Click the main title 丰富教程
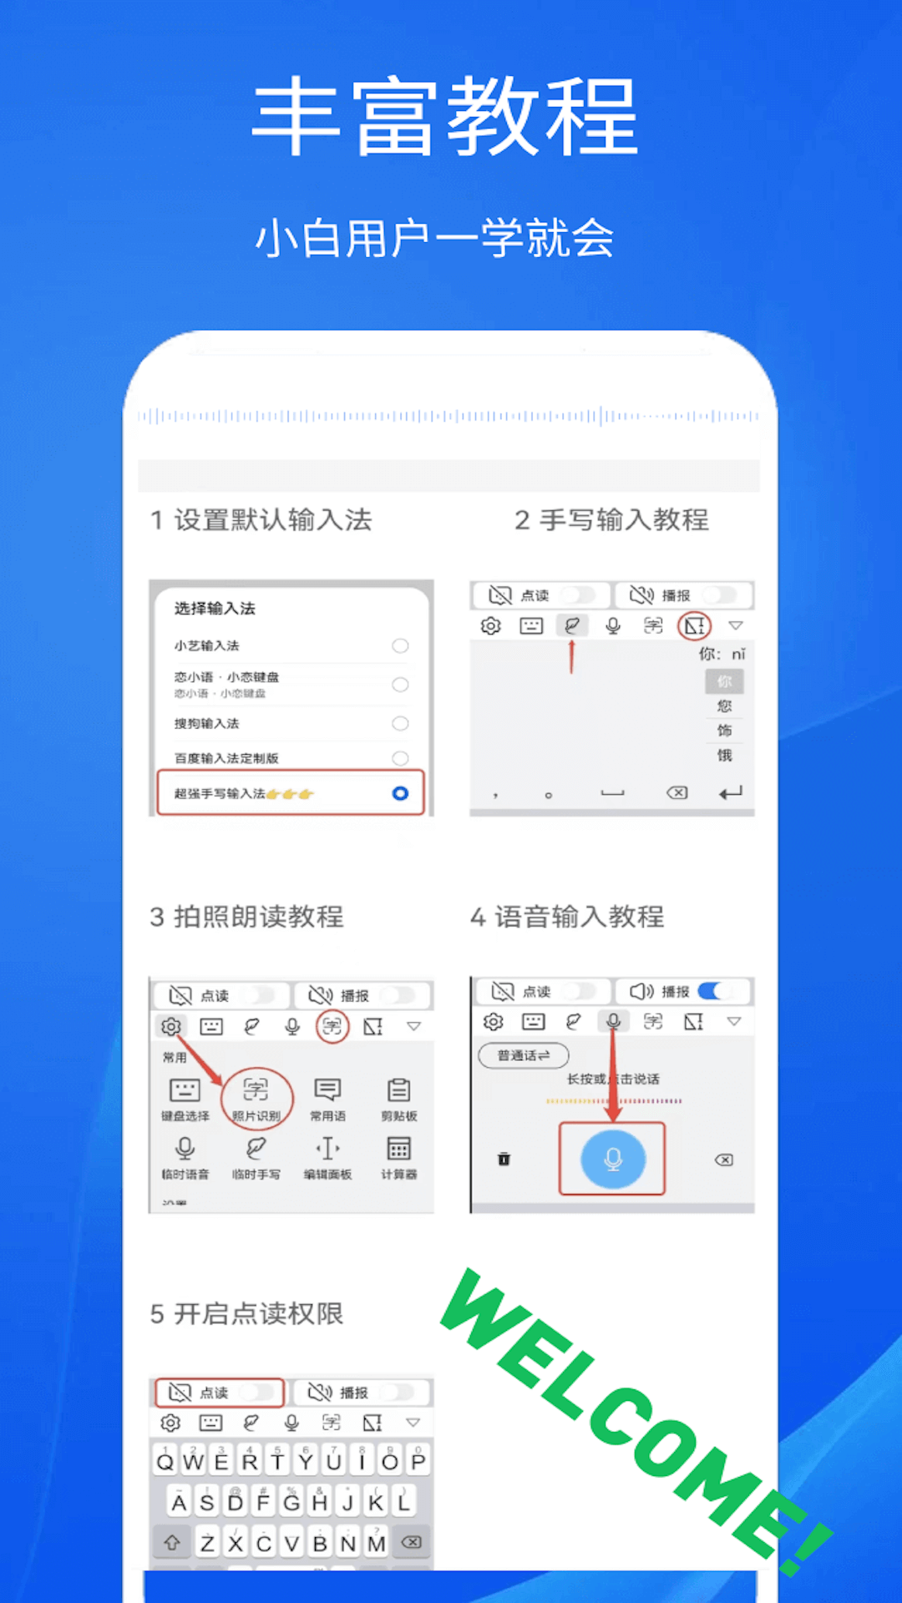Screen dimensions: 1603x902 click(445, 116)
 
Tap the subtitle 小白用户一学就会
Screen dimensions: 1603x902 click(434, 238)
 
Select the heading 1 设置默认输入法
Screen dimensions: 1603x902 click(261, 519)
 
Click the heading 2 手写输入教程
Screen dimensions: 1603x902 click(611, 519)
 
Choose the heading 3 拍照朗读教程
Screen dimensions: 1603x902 click(246, 916)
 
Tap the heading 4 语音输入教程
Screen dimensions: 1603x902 click(567, 916)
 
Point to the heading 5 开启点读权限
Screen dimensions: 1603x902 click(246, 1313)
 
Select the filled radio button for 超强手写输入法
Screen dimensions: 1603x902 click(400, 793)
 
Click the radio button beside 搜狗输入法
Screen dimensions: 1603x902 click(400, 723)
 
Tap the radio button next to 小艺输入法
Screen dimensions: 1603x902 click(400, 645)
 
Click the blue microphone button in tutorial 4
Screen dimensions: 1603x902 click(613, 1159)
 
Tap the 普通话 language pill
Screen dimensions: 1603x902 click(524, 1055)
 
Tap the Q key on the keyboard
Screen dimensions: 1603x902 click(165, 1461)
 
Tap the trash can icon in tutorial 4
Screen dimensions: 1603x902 click(504, 1159)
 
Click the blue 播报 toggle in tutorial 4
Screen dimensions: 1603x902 click(714, 991)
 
